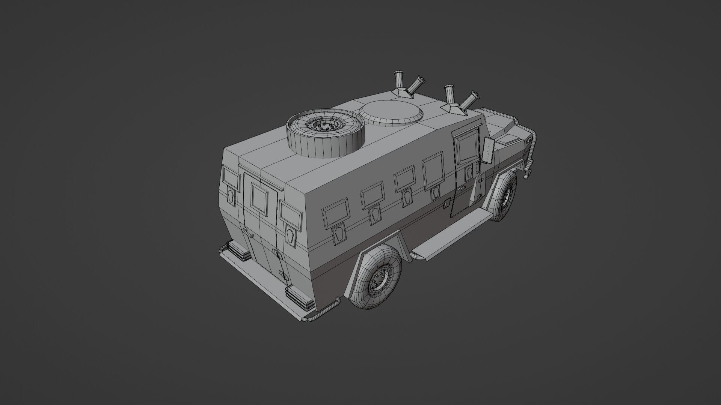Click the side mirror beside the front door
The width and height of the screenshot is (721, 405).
(x=488, y=150)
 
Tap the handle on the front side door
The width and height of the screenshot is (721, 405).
(x=462, y=188)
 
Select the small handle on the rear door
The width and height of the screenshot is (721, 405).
(x=250, y=236)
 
